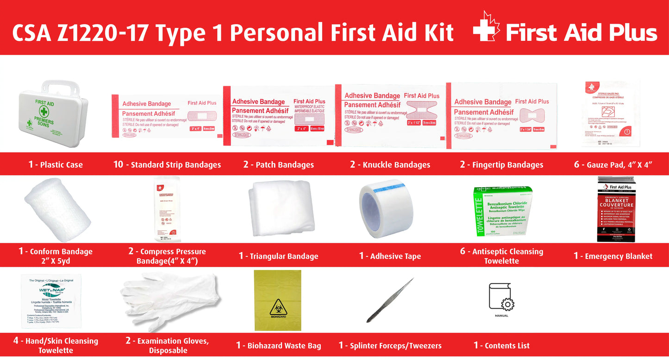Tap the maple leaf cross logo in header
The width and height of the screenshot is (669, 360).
point(486,28)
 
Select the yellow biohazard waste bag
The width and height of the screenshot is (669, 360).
point(278,300)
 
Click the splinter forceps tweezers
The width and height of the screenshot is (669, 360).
point(390,301)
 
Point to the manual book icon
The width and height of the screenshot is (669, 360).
point(500,297)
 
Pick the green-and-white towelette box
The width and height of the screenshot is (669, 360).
point(503,211)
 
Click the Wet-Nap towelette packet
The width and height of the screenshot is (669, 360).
point(51,301)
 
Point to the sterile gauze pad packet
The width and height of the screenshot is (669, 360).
point(611,114)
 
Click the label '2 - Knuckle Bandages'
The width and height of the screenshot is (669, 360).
point(390,164)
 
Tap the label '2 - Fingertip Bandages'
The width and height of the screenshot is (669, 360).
point(501,164)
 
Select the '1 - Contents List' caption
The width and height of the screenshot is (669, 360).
point(501,345)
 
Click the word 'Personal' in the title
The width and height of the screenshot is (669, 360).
point(277,32)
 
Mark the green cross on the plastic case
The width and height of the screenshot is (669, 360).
point(44,111)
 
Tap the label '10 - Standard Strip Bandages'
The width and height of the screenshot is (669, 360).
point(167,164)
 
